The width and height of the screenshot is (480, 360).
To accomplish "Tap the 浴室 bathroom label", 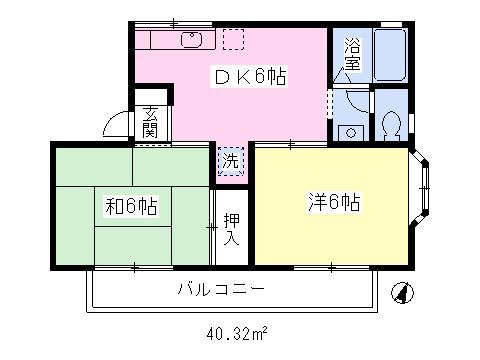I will click(x=353, y=53).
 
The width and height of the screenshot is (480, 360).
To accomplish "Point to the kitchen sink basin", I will click(x=190, y=41).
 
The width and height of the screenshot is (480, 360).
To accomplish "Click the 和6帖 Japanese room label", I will click(x=132, y=207).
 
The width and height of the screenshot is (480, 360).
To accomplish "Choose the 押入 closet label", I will click(x=231, y=229).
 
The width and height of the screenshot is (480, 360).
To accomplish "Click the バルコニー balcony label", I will click(x=221, y=291).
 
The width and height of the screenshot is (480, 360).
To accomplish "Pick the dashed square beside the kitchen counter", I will click(x=233, y=39).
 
